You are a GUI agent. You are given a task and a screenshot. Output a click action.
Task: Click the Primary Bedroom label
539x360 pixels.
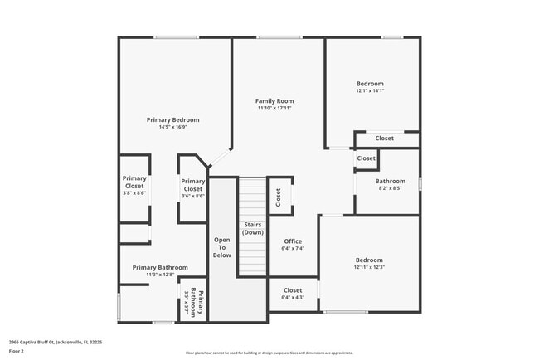(172, 119)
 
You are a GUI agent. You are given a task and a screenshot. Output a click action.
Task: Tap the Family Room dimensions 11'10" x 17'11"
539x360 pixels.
(275, 109)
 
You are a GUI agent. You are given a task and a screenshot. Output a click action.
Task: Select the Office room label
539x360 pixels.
(293, 241)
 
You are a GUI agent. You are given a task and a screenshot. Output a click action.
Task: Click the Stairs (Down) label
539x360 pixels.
(253, 228)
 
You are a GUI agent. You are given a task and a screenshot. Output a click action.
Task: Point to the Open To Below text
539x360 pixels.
(221, 247)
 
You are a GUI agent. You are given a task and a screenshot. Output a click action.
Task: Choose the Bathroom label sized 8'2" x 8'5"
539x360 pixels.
(390, 181)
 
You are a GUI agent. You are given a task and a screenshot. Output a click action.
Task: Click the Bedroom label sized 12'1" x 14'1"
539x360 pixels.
(370, 84)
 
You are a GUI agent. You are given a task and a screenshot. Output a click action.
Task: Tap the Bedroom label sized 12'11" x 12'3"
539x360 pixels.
(369, 260)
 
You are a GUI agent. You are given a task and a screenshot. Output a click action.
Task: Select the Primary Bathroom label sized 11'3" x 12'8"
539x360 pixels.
(160, 267)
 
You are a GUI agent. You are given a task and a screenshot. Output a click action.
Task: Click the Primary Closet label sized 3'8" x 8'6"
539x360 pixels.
(134, 182)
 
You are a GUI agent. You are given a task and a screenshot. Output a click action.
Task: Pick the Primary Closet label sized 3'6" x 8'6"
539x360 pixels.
(192, 185)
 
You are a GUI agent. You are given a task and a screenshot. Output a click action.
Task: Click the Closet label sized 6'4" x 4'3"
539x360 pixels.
(293, 290)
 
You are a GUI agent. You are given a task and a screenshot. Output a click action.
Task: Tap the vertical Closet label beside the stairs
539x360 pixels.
(279, 197)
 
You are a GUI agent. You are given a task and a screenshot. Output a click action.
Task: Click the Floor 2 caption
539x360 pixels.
(17, 351)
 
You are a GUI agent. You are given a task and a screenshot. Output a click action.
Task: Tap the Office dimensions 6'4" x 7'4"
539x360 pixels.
(293, 248)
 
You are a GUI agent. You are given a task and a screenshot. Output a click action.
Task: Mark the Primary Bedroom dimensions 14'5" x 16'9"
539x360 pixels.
(172, 127)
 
